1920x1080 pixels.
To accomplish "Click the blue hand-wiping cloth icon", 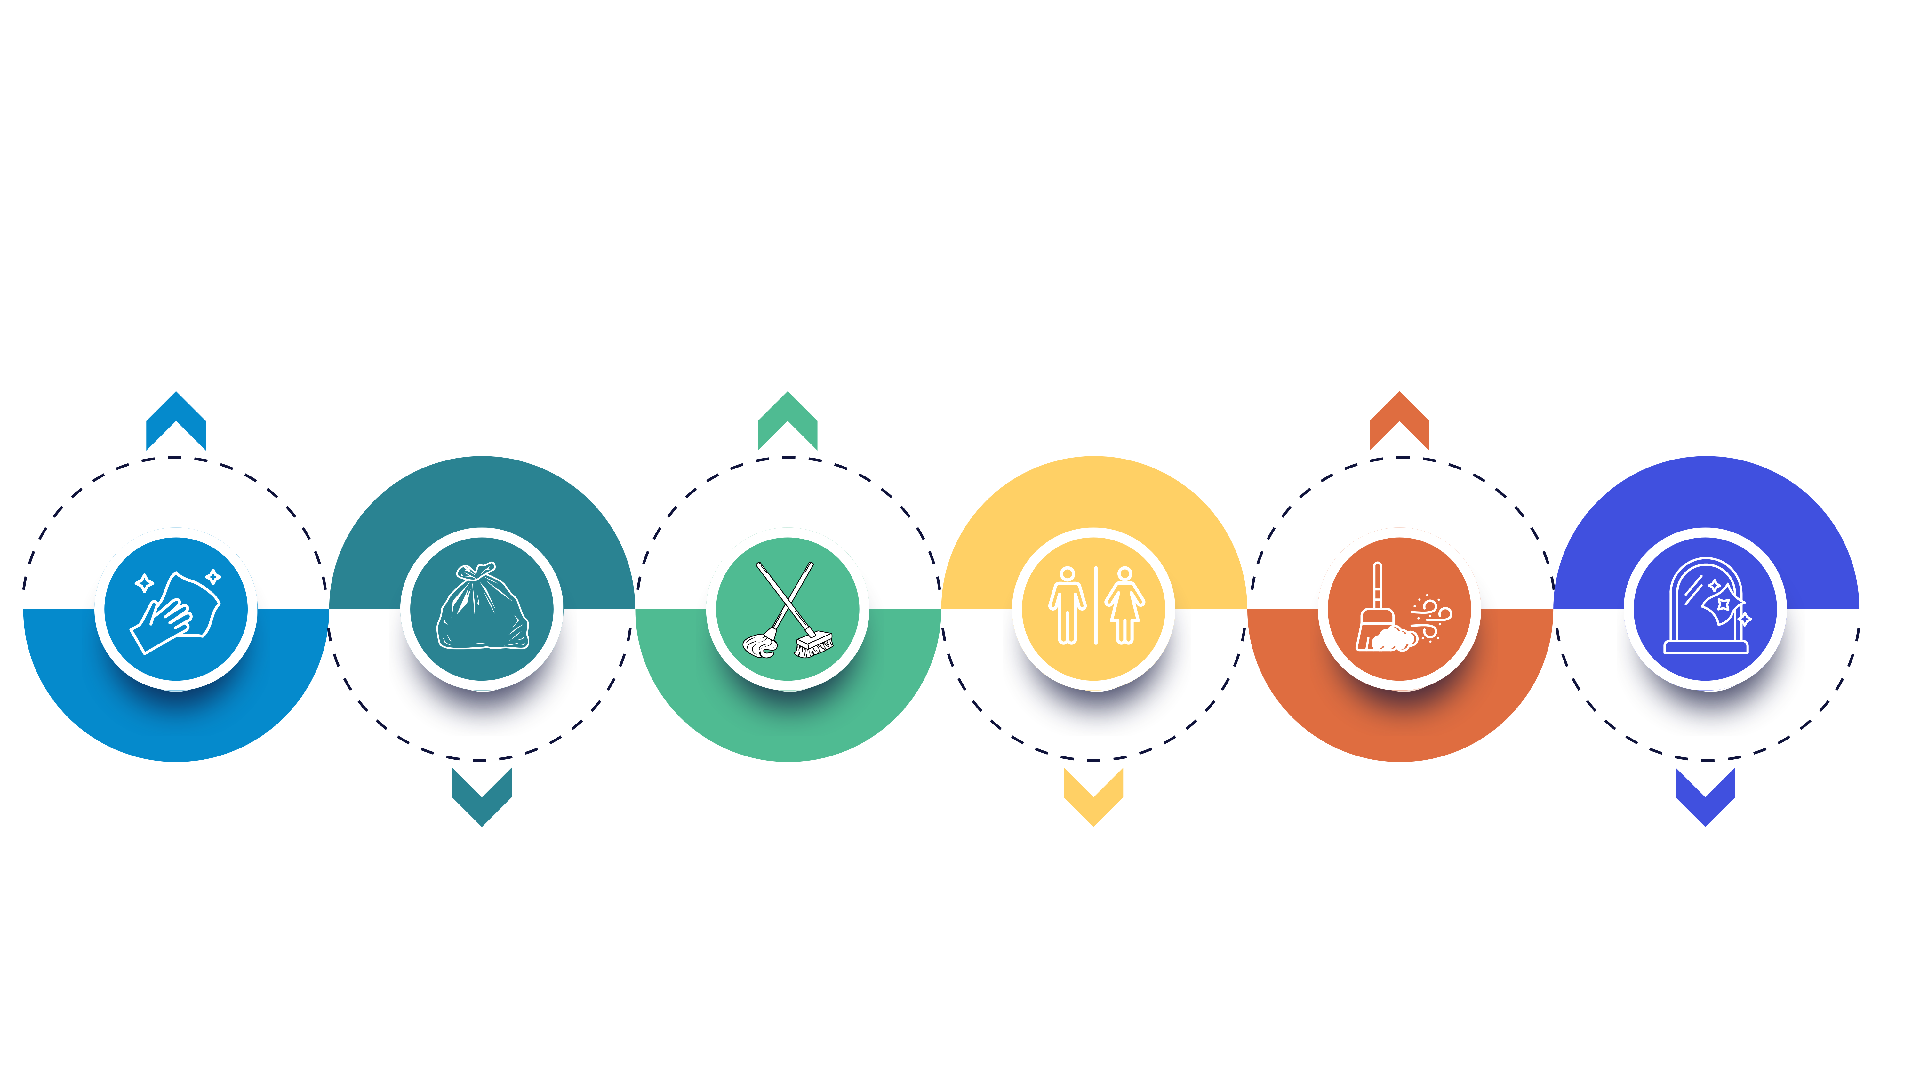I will coord(176,609).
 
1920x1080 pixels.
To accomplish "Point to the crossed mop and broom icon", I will coord(788,609).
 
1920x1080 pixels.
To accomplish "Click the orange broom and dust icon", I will coord(1400,609).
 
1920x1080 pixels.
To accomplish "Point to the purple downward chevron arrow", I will coord(1705,796).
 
